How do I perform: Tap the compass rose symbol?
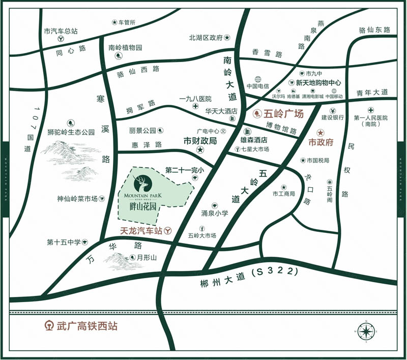[x=365, y=332]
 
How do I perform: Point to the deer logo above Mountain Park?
[x=141, y=182]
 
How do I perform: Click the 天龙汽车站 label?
[x=140, y=230]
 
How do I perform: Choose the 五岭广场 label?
[x=283, y=114]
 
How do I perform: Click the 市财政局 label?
[x=200, y=140]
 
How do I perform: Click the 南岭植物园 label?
[x=125, y=48]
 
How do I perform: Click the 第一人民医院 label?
[x=370, y=118]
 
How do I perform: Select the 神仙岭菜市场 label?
[x=77, y=199]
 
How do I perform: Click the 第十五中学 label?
[x=64, y=242]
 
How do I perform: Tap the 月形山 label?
[x=146, y=258]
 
